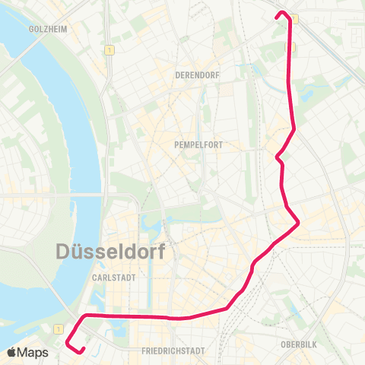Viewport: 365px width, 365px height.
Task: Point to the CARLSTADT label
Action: click(x=113, y=278)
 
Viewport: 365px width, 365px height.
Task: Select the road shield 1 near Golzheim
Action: click(x=111, y=50)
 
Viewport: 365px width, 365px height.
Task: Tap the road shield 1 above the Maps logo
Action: click(x=58, y=328)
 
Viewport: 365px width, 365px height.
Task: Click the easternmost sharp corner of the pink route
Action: click(x=300, y=222)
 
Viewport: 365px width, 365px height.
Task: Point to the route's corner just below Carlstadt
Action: click(x=84, y=315)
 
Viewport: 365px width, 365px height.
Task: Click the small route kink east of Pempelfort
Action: click(x=278, y=157)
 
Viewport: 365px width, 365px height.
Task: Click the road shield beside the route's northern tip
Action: click(x=295, y=20)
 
